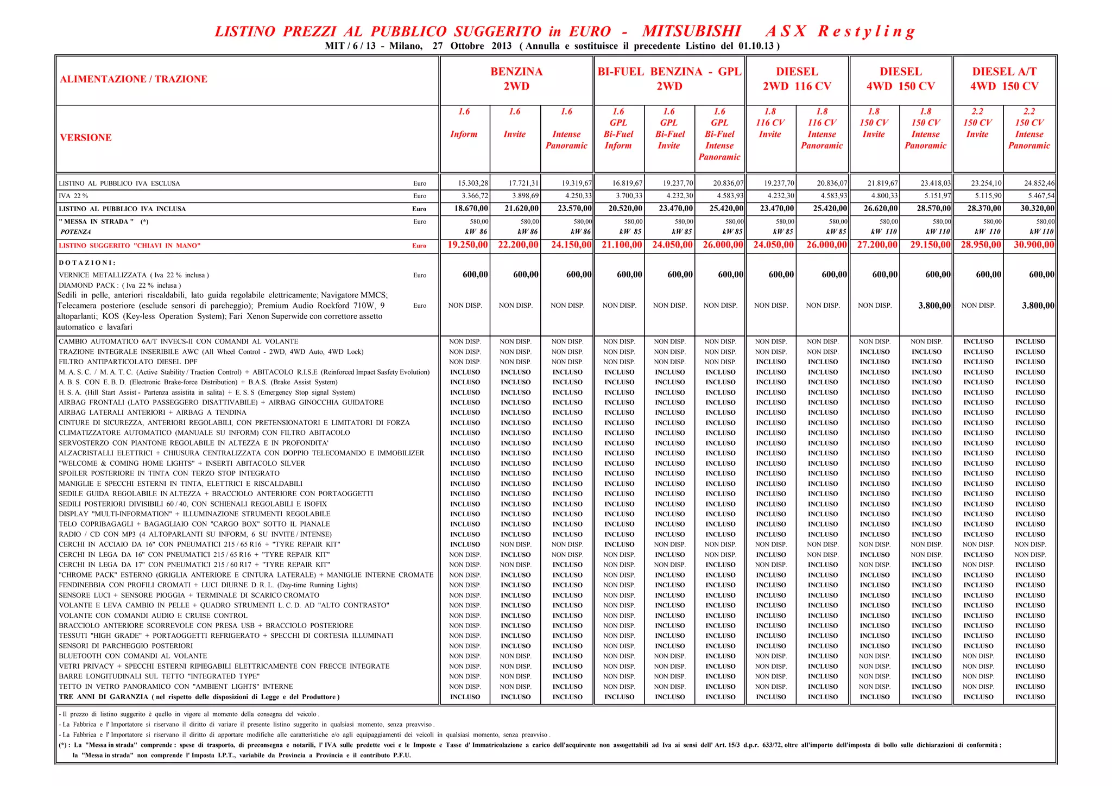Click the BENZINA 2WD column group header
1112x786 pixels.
[x=516, y=79]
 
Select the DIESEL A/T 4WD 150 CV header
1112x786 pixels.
[x=1004, y=79]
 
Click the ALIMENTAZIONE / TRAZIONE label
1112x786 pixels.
[x=134, y=79]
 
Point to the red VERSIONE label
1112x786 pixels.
[x=86, y=138]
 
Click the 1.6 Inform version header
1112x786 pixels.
[x=464, y=123]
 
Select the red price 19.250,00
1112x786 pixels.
[x=467, y=245]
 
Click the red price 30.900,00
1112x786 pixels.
[x=1034, y=245]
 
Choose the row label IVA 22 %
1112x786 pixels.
[x=73, y=196]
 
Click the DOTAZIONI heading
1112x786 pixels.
[x=87, y=263]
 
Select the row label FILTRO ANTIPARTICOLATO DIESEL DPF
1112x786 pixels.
[x=128, y=362]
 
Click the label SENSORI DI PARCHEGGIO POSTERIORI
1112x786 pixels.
[x=125, y=646]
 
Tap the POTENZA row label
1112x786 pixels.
[x=75, y=232]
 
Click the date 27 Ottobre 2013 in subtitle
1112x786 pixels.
[x=472, y=46]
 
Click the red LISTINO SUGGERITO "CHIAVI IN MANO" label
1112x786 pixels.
[x=130, y=246]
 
